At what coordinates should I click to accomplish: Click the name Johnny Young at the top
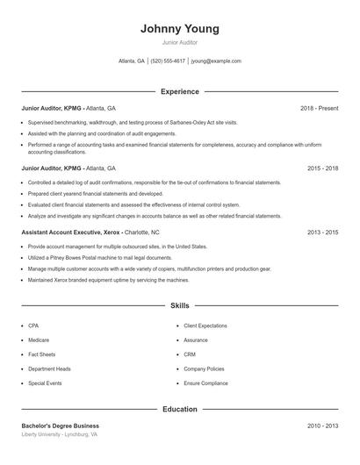click(179, 29)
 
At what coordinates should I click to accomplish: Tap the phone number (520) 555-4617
click(168, 61)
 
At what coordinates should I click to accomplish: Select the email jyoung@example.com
click(216, 61)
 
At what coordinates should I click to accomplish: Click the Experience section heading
click(179, 91)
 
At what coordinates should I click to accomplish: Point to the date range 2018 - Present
click(319, 108)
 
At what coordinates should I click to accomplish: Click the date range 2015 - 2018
click(322, 168)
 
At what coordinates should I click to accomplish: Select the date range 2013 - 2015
click(322, 232)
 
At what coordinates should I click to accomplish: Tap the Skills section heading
click(179, 305)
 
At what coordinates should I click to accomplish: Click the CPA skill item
click(33, 325)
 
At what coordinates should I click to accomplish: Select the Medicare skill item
click(39, 340)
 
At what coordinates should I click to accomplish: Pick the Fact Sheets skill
click(41, 354)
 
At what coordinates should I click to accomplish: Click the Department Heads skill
click(49, 368)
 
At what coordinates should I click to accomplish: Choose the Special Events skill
click(44, 383)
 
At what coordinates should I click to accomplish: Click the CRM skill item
click(190, 354)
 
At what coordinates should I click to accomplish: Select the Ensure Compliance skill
click(205, 383)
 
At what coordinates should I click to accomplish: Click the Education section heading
click(179, 409)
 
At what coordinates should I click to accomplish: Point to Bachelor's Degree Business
click(61, 426)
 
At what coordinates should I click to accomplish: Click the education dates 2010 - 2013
click(322, 426)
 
